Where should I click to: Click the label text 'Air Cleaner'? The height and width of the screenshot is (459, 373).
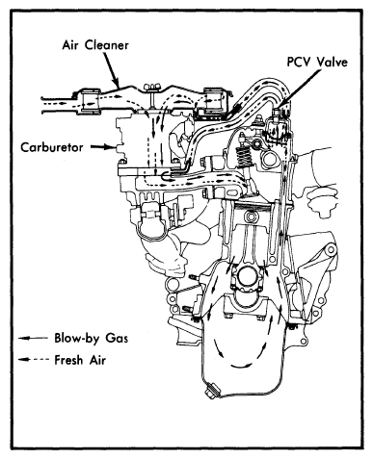[95, 45]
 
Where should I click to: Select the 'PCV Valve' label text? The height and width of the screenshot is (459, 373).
[317, 62]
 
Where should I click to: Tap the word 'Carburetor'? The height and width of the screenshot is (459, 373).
[52, 147]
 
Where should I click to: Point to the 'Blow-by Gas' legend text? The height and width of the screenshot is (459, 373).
[92, 338]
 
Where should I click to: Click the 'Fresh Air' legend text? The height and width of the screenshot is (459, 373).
[80, 360]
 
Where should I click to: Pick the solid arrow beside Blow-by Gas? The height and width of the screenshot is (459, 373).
[33, 338]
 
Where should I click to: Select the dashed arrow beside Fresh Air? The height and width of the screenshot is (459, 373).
[33, 360]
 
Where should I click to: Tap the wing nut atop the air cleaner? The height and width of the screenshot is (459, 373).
[152, 88]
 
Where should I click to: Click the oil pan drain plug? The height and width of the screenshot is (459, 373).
[211, 391]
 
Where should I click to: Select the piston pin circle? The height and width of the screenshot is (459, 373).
[251, 217]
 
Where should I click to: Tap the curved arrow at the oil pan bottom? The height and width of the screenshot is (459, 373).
[239, 366]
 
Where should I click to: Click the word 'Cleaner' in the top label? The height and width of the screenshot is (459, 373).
[107, 45]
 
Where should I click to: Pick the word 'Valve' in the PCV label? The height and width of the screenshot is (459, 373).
[332, 62]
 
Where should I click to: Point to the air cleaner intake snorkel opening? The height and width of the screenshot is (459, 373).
[43, 104]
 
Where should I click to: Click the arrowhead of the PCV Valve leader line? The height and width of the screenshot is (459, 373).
[280, 107]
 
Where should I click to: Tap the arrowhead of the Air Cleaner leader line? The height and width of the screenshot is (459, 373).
[118, 86]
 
